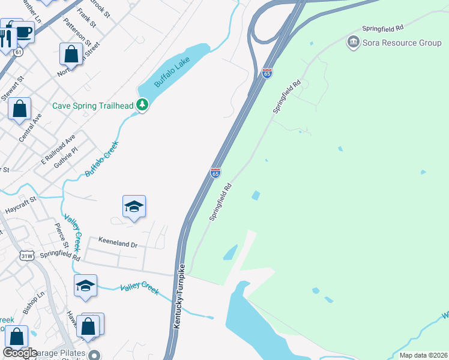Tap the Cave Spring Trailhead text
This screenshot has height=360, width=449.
click(x=92, y=106)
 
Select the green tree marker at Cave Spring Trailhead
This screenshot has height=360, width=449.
click(x=142, y=106)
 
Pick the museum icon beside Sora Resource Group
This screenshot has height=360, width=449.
click(x=353, y=42)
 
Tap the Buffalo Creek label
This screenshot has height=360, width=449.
click(x=102, y=159)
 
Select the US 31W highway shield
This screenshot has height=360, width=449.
click(x=26, y=256)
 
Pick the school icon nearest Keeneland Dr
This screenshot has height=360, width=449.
click(x=134, y=208)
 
